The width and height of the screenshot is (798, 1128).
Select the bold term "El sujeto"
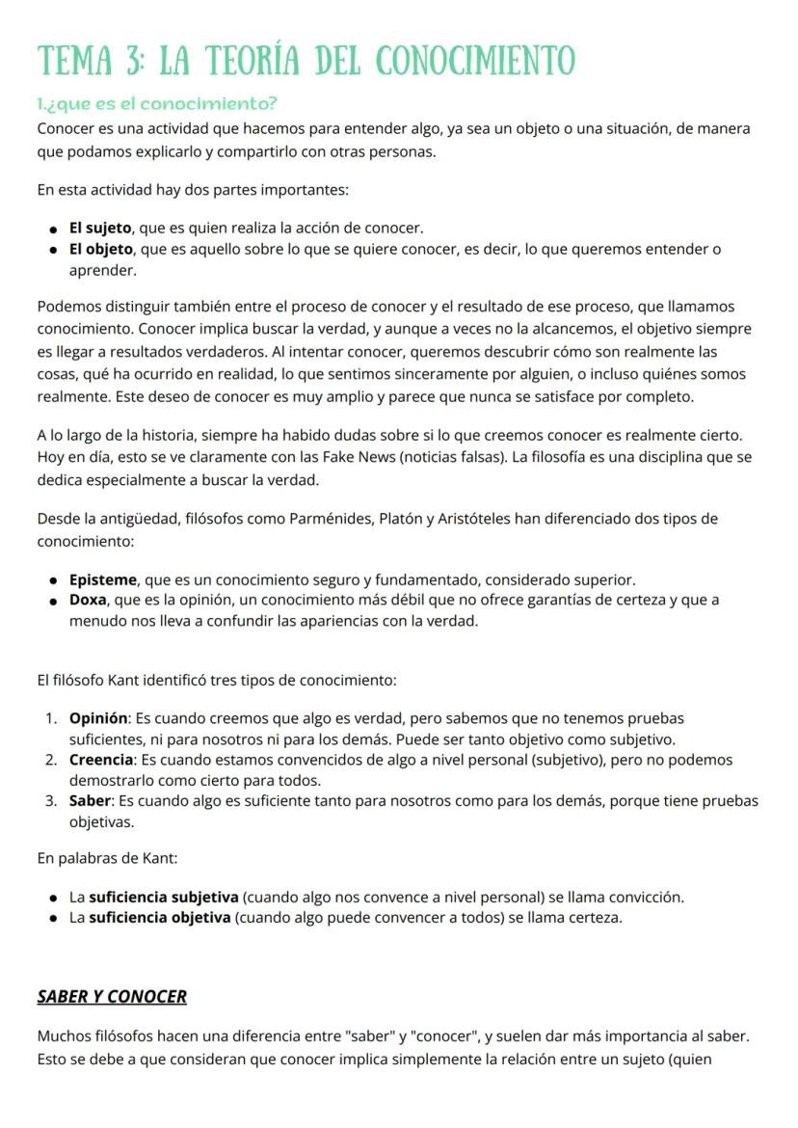[x=99, y=228]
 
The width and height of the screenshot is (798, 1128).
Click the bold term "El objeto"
[x=101, y=250]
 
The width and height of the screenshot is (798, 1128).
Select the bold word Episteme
[x=102, y=579]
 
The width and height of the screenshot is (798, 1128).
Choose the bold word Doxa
[x=88, y=600]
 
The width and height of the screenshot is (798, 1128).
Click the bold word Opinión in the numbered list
[x=98, y=718]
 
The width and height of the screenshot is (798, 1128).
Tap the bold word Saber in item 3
[x=91, y=801]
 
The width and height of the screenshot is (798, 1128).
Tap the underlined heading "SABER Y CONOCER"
[x=112, y=996]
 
